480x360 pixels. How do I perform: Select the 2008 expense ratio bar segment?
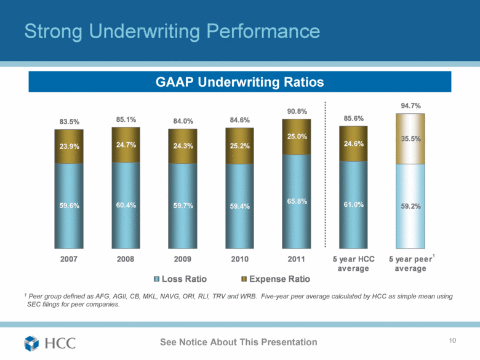pos(126,145)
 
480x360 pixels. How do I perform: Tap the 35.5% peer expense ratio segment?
pos(410,139)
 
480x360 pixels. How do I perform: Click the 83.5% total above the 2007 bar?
pos(68,122)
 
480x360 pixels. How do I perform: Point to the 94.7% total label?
pos(410,106)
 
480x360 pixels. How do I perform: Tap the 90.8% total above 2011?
pos(297,111)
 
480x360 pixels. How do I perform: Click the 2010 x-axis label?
pos(239,259)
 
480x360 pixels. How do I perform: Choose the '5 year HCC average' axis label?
pos(353,263)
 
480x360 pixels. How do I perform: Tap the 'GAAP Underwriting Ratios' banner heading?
pos(239,81)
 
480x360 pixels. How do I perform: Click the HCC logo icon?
pos(32,342)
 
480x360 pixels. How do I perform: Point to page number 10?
pos(455,342)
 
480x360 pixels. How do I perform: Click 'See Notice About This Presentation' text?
pos(239,342)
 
